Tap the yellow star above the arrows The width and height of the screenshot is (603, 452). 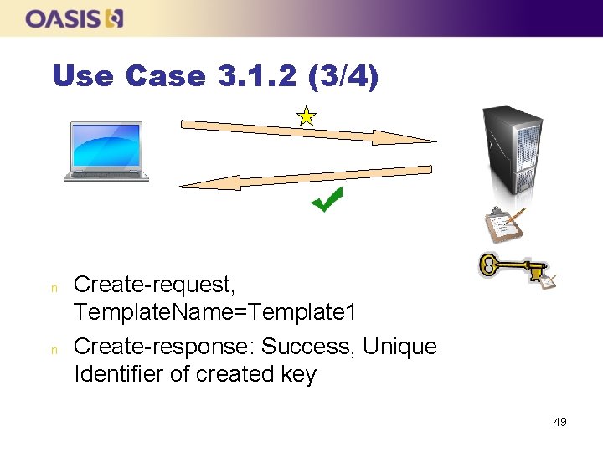pos(307,116)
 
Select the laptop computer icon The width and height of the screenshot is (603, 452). pos(106,152)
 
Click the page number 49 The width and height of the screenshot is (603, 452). pos(559,422)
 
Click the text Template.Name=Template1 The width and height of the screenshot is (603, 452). pos(215,313)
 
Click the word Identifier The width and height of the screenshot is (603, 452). pos(119,374)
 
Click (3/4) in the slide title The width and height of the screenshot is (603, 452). pos(343,77)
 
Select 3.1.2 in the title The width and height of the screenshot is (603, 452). pos(259,77)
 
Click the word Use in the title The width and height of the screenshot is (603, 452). pos(83,77)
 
